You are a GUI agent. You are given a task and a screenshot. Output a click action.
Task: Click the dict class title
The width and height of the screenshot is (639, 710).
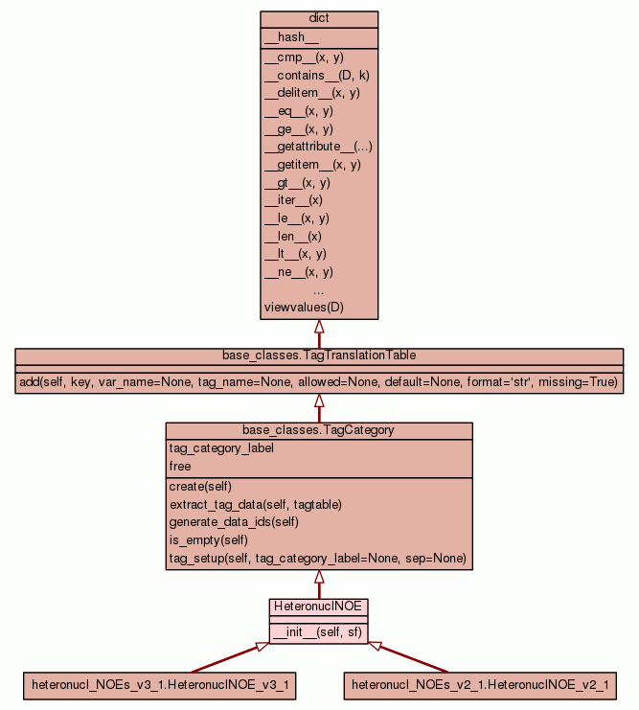coord(319,19)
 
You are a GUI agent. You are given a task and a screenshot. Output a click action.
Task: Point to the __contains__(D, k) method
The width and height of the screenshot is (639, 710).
coord(311,75)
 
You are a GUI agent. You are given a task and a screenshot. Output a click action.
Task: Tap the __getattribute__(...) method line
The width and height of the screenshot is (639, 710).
coord(318,147)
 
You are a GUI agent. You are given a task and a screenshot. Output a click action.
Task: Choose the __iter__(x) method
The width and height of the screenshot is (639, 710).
coord(293,200)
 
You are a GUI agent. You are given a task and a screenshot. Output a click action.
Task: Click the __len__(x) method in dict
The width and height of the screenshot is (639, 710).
coord(292,236)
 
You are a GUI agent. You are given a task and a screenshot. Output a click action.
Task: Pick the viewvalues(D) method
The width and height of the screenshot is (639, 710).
coord(303,308)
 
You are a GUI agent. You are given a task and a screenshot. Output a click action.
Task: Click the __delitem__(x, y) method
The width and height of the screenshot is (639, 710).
coord(311,93)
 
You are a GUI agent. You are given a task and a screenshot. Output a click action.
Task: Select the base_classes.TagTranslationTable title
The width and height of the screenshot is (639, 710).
coord(319,355)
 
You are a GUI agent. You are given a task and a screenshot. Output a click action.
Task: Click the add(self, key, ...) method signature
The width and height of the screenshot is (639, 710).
coord(319,382)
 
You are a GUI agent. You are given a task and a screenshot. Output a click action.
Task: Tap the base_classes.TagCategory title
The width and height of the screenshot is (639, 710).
coord(319,430)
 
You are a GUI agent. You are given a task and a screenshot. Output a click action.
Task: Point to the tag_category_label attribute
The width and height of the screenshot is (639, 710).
coord(220,448)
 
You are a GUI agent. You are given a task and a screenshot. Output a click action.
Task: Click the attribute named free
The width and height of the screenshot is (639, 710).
coord(180,467)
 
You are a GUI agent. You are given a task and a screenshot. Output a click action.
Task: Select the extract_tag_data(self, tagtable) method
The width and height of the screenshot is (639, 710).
coord(255,504)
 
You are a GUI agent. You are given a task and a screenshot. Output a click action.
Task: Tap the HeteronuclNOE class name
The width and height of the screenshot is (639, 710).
coord(319,607)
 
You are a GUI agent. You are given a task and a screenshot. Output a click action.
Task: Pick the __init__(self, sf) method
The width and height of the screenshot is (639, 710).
coord(318,633)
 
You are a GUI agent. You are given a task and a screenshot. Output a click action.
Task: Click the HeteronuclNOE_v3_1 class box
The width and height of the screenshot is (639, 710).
coord(160,685)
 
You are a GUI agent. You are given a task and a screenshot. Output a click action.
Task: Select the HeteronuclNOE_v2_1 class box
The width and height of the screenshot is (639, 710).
coord(479,685)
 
